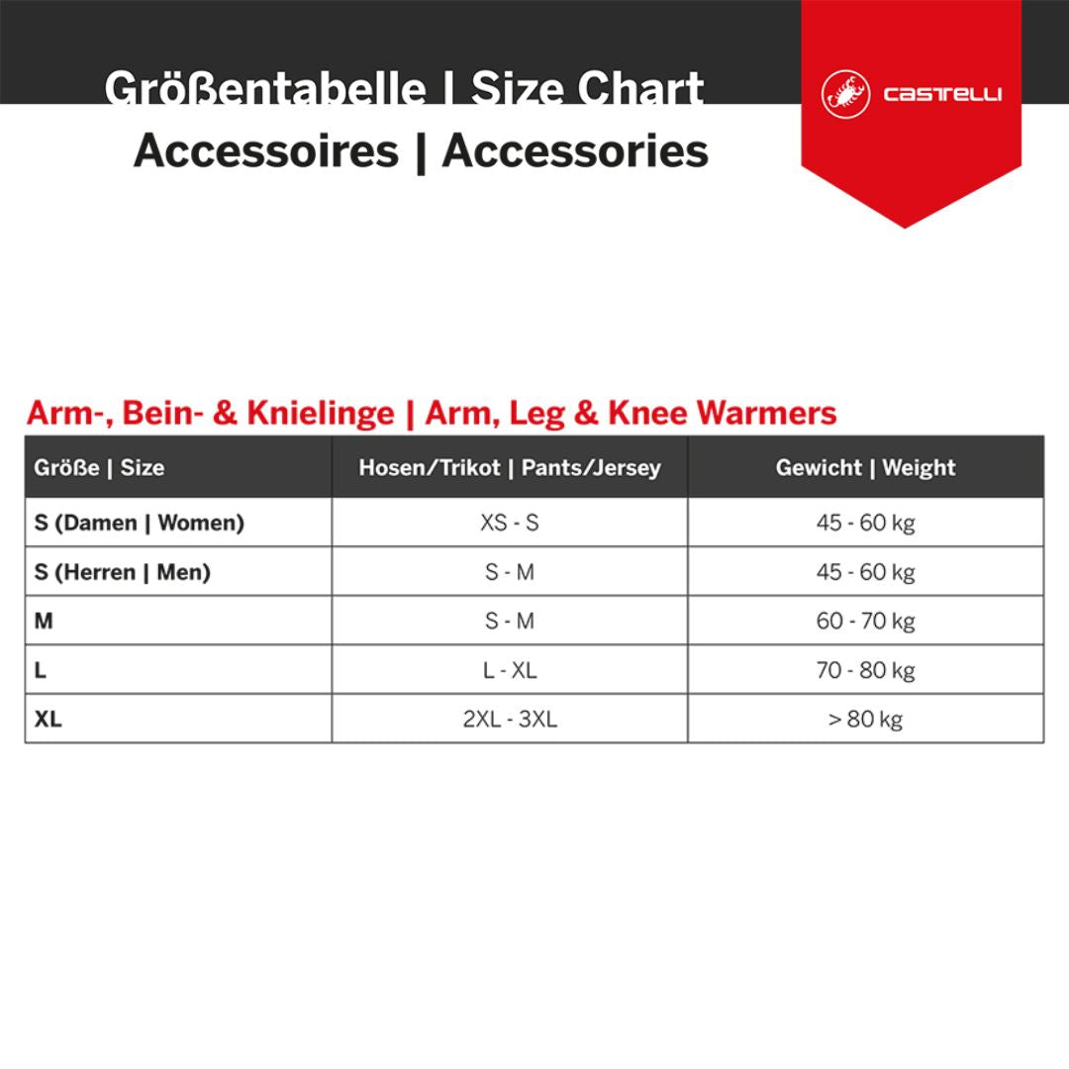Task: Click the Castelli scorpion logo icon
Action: pyautogui.click(x=845, y=95)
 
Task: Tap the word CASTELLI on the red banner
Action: pyautogui.click(x=942, y=95)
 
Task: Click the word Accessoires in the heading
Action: pyautogui.click(x=265, y=151)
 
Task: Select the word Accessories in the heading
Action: pyautogui.click(x=575, y=151)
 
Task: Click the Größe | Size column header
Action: pyautogui.click(x=99, y=467)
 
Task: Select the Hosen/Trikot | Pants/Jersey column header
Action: pyautogui.click(x=509, y=467)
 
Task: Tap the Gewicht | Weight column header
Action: pyautogui.click(x=865, y=467)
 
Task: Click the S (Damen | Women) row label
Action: pyautogui.click(x=139, y=522)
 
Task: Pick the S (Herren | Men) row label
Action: pyautogui.click(x=122, y=571)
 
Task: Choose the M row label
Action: pyautogui.click(x=43, y=621)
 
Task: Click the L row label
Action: pyautogui.click(x=41, y=670)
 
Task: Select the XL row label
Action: pyautogui.click(x=48, y=720)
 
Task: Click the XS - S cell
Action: pyautogui.click(x=509, y=522)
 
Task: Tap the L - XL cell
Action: pyautogui.click(x=509, y=670)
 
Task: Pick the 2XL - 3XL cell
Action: pyautogui.click(x=509, y=720)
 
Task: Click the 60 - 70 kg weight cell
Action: pyautogui.click(x=865, y=621)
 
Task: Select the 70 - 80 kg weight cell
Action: pyautogui.click(x=865, y=670)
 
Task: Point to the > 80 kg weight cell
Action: pyautogui.click(x=865, y=720)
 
